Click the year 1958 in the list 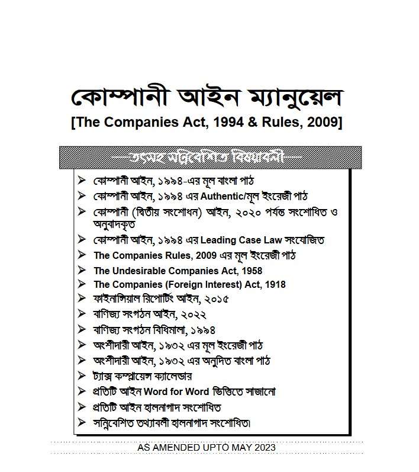[250, 270]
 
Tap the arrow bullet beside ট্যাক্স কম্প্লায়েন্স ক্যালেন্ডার [82, 376]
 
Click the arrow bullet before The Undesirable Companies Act [82, 270]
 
